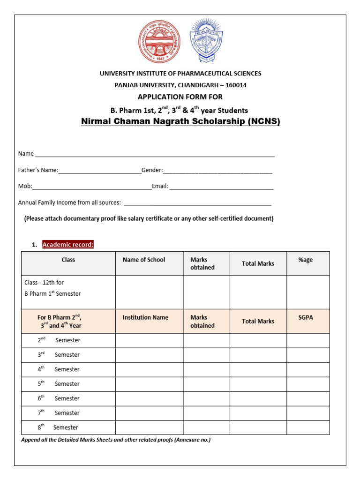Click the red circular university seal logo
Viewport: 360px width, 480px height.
(x=159, y=42)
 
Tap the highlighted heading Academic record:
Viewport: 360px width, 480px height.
(x=68, y=244)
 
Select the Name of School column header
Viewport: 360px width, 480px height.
(x=144, y=260)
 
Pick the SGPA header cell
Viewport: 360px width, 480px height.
(x=306, y=317)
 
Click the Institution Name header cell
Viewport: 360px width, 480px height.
(x=145, y=317)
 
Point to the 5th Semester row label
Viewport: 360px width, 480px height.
(x=59, y=384)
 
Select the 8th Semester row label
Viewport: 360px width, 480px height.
(x=58, y=427)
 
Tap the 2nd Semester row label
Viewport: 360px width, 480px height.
(x=59, y=340)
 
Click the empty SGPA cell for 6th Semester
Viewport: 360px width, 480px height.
(x=308, y=398)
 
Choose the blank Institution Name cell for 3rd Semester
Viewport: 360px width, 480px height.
(x=149, y=355)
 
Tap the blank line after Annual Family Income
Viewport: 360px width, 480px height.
(x=197, y=204)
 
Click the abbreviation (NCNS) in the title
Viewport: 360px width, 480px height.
(x=261, y=122)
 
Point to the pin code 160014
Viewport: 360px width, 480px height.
(x=236, y=85)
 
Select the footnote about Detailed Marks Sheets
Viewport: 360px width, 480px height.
(x=116, y=440)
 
